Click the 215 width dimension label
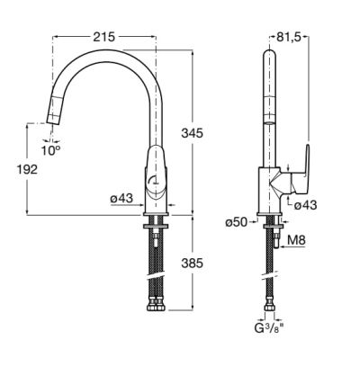[x=104, y=37]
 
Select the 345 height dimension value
[x=192, y=133]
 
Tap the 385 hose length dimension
[x=192, y=263]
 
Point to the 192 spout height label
[x=27, y=169]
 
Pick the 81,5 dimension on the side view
[x=289, y=37]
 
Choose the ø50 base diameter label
[x=237, y=222]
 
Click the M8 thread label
[x=296, y=240]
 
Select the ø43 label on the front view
[x=121, y=198]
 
